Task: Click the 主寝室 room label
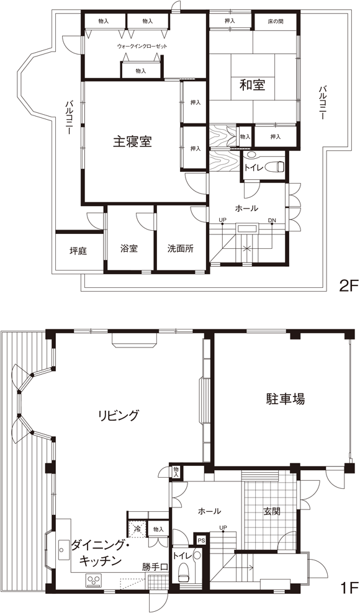132,141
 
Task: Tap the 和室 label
253,84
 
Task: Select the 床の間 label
276,22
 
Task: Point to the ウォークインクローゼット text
142,46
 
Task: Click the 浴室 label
128,249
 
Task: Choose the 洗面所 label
181,249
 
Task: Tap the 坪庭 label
78,251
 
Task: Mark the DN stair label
272,220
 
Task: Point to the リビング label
118,415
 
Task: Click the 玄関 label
272,511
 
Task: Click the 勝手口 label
155,566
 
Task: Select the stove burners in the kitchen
94,579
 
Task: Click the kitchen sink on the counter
63,550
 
